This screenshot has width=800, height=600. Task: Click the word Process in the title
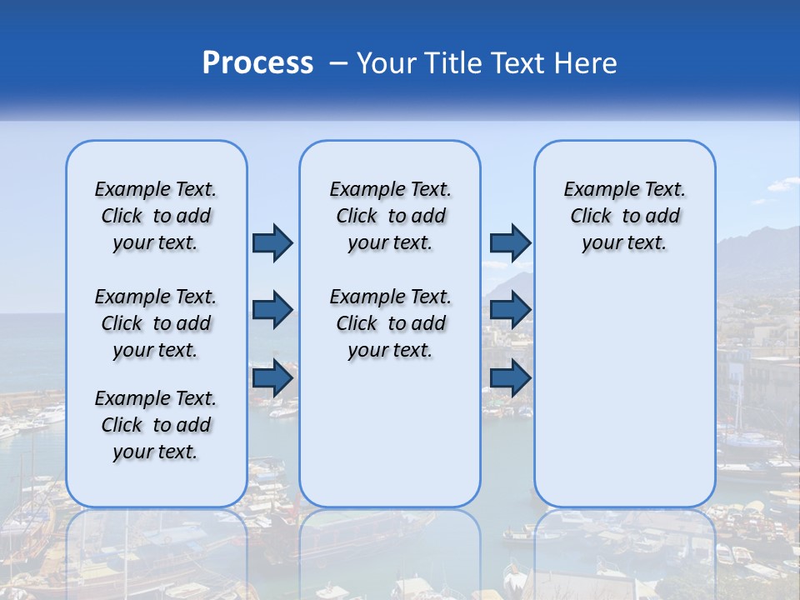click(x=257, y=62)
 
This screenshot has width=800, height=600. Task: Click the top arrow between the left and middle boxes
click(x=272, y=242)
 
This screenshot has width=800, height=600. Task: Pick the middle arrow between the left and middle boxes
click(x=272, y=310)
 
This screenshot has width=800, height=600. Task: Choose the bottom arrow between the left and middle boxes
click(x=272, y=378)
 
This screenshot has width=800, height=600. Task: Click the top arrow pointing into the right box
click(x=510, y=242)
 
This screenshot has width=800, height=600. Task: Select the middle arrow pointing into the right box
click(x=510, y=310)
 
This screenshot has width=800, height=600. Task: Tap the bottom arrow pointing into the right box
click(x=510, y=378)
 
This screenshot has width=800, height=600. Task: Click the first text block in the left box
click(x=156, y=216)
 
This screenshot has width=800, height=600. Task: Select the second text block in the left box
click(x=156, y=323)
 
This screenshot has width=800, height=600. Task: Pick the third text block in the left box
click(x=156, y=425)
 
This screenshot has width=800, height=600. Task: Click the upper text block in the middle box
click(x=390, y=216)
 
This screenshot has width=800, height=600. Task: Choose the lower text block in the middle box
click(x=390, y=323)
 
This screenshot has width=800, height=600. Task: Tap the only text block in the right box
click(x=624, y=216)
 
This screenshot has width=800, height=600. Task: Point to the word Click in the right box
click(x=591, y=217)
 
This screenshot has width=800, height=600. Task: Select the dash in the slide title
click(x=338, y=63)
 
